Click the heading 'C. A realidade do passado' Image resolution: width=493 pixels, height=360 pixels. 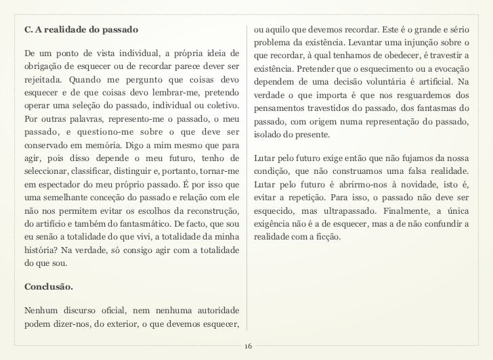(81, 31)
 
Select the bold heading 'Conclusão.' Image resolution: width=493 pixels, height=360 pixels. (48, 286)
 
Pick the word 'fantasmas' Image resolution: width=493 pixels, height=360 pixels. (429, 108)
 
